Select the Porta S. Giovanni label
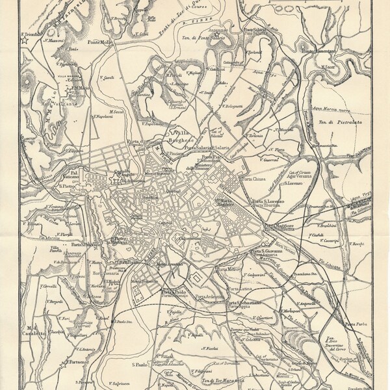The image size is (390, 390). pyautogui.click(x=269, y=250)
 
